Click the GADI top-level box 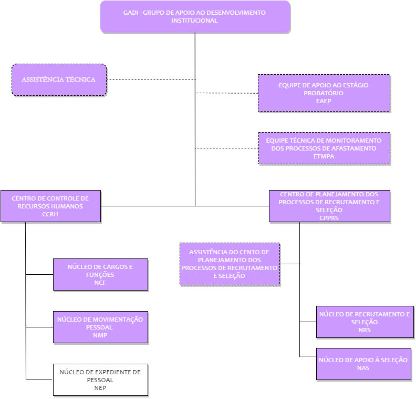[195, 17]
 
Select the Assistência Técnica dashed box [59, 79]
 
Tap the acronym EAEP [324, 101]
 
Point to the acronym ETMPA [324, 156]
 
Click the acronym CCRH [50, 214]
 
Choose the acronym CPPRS [329, 218]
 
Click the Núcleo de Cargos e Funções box [100, 275]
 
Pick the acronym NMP [100, 335]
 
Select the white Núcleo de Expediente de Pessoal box [100, 380]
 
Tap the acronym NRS [365, 330]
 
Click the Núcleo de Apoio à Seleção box [363, 364]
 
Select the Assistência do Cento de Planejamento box [230, 264]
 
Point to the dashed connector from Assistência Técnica [151, 79]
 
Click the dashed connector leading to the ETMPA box [227, 148]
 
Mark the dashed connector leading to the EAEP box [227, 93]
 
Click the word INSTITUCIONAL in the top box [195, 21]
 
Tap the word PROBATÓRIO [324, 93]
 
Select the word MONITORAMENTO [355, 141]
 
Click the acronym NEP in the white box [100, 388]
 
